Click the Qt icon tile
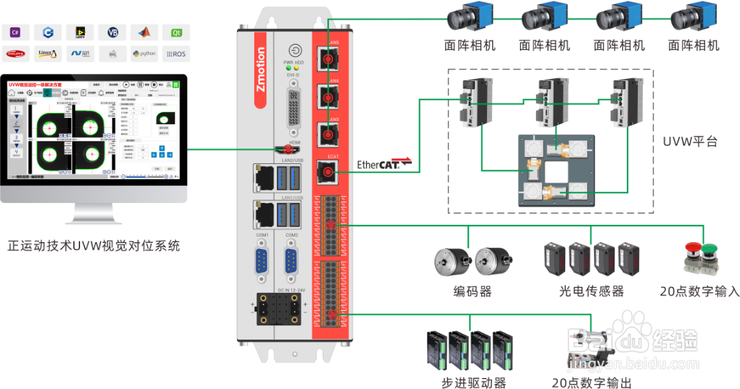pos(177,32)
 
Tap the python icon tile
pos(145,54)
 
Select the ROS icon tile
pos(177,54)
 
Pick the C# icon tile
pos(15,32)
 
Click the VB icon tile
pos(112,32)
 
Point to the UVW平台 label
pos(691,142)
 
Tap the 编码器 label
pos(473,291)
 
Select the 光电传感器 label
pos(591,291)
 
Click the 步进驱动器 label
pos(473,382)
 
